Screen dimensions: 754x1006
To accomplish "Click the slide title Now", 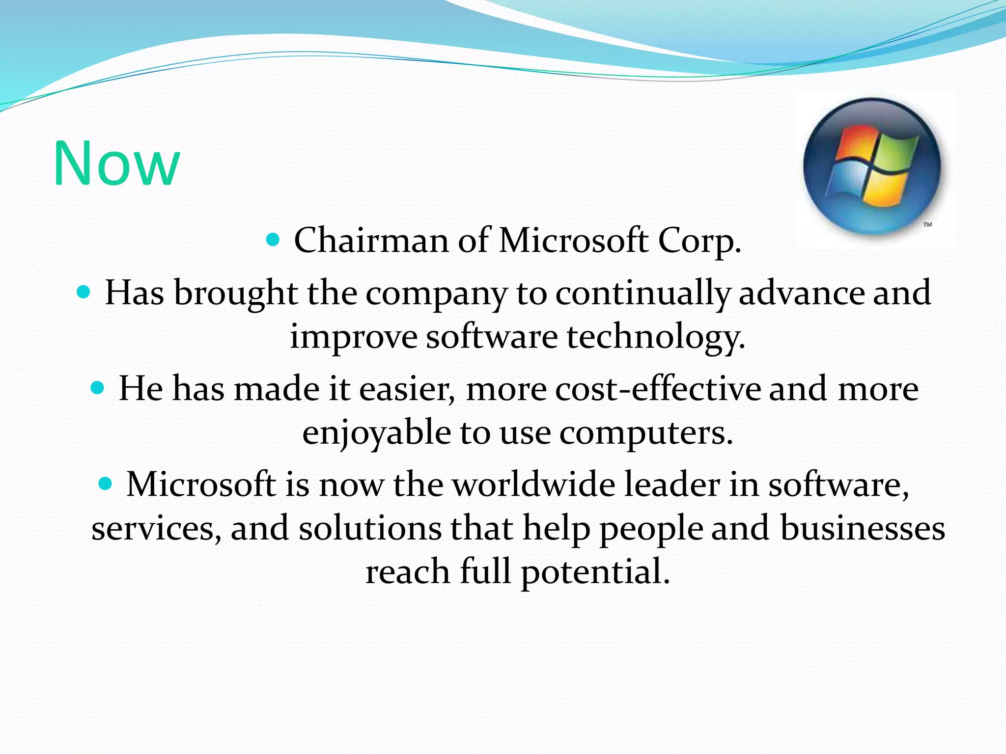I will (x=116, y=163).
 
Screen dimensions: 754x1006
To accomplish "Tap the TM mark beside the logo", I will (x=927, y=225).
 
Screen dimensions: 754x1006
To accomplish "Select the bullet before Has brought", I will (x=84, y=293).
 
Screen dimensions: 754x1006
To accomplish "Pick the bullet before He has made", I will (x=98, y=389).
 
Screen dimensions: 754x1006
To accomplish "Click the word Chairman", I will (x=371, y=241).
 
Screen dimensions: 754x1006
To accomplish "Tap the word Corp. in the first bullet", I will (x=699, y=242).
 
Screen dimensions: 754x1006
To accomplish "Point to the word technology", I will (x=656, y=338).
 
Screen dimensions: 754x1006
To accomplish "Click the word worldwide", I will (x=533, y=485).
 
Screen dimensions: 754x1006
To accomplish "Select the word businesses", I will (x=863, y=529).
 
